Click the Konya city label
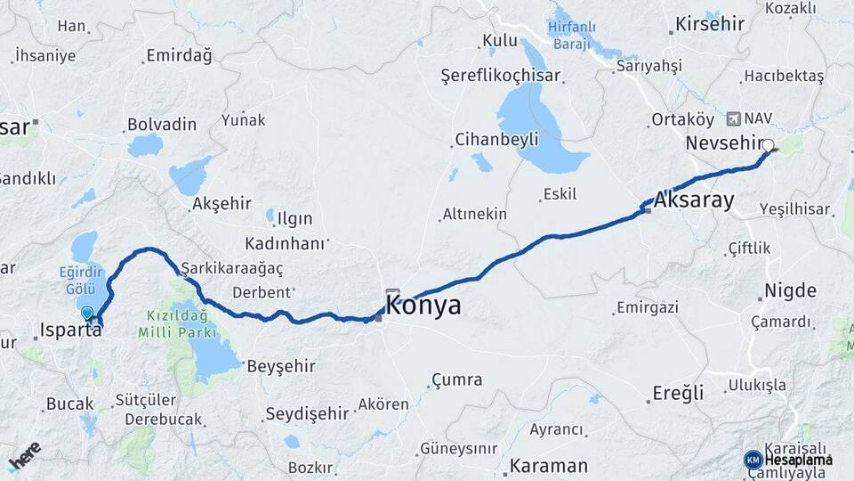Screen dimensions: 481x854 423,306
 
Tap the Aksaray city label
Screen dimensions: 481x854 695,200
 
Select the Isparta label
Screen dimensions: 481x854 70,330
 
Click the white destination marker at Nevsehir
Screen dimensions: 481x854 768,145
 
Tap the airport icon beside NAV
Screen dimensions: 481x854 733,118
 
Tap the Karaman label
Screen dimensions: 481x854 549,466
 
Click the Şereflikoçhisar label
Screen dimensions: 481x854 501,77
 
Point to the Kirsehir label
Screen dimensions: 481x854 709,24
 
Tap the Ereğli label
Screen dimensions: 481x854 678,393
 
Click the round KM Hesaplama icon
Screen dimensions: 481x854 753,460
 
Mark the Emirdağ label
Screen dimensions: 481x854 179,56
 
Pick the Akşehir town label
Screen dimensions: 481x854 222,203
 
